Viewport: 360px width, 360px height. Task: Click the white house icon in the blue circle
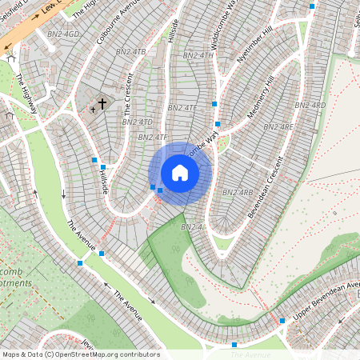point(180,173)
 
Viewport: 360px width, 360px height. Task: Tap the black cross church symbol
point(102,104)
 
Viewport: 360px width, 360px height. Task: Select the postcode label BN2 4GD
point(64,34)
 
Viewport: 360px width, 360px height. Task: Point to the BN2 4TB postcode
point(131,52)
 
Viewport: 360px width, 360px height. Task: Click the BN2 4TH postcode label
point(198,55)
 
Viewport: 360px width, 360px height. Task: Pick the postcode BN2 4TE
point(182,107)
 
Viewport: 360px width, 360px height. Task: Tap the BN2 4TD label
point(136,122)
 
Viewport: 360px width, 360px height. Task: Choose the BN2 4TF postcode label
point(152,137)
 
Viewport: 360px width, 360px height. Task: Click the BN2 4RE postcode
point(278,126)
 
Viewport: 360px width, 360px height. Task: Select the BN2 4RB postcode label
point(238,192)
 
